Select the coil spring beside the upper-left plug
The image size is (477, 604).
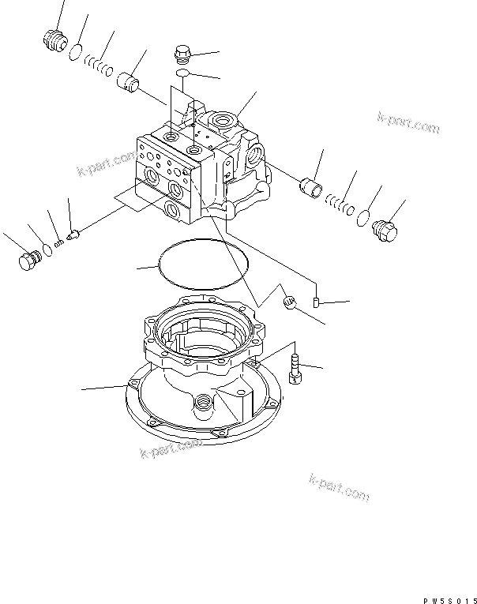click(99, 66)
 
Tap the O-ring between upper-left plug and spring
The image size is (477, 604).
click(75, 53)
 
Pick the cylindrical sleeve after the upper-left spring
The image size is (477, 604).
click(128, 81)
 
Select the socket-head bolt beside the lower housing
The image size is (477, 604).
click(295, 369)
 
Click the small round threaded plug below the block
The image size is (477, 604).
click(288, 301)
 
